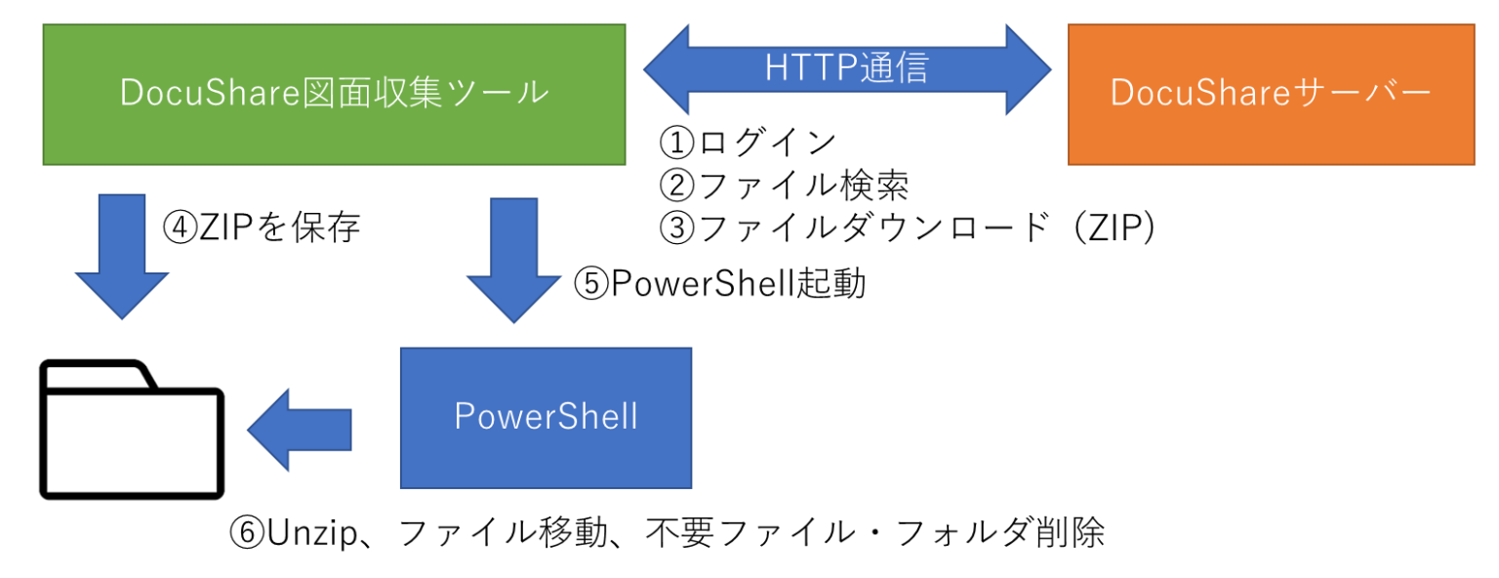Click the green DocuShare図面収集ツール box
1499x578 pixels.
pos(334,95)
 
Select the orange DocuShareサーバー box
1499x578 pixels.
pos(1271,95)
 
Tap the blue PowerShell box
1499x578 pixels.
pos(547,418)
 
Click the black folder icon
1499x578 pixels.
pos(132,430)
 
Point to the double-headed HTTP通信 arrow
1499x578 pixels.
pos(847,69)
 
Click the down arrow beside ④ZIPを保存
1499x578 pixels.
pos(122,257)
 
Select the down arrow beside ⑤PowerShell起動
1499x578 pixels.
pos(514,261)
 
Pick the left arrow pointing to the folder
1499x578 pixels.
pos(300,430)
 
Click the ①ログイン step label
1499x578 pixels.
pos(748,142)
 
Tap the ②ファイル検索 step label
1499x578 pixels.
pos(785,185)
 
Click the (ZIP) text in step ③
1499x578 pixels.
pos(1114,227)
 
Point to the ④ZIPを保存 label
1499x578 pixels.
pos(262,227)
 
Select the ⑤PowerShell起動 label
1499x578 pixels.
pos(720,282)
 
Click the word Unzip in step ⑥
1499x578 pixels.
pos(312,534)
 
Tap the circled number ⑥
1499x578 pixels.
pos(247,534)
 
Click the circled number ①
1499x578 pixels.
pos(676,143)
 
